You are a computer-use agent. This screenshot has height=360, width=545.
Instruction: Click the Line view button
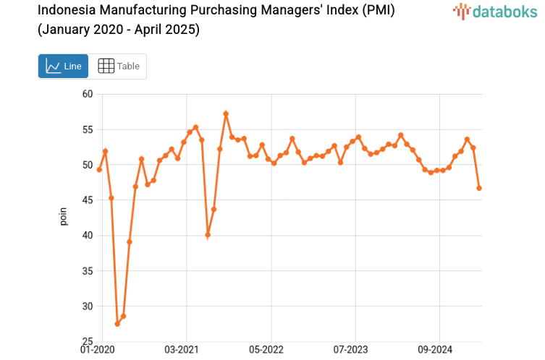(63, 66)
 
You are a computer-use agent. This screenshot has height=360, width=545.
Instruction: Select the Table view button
(118, 66)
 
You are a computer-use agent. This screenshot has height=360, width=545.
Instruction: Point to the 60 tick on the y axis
(88, 94)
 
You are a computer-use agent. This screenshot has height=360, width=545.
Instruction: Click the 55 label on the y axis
(88, 129)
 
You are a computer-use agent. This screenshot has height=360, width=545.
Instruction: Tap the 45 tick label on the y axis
(88, 200)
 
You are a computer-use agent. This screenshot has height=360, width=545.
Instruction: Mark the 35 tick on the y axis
(88, 271)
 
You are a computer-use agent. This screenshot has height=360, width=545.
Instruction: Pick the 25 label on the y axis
(88, 341)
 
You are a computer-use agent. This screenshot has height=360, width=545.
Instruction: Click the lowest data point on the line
(117, 324)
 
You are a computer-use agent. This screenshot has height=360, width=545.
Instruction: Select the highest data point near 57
(226, 113)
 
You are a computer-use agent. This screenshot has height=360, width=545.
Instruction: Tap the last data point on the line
(479, 188)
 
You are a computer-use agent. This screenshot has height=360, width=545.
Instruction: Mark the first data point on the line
(99, 169)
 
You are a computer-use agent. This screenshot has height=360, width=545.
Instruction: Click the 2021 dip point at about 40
(208, 235)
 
